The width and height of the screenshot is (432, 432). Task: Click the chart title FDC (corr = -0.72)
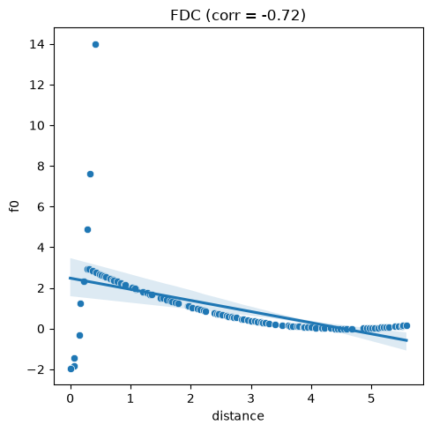click(238, 15)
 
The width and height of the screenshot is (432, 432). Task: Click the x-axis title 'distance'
click(238, 416)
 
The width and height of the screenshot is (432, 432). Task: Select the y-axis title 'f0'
click(14, 206)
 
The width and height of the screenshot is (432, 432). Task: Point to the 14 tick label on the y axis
click(37, 44)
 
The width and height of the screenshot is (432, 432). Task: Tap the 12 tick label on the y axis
click(37, 85)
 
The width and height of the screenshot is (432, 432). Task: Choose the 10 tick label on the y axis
click(37, 125)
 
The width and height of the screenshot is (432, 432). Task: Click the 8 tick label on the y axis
click(41, 167)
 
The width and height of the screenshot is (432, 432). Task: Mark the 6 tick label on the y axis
click(41, 207)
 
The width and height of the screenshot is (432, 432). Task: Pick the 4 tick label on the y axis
click(41, 248)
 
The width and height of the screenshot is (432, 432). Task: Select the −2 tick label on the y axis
click(36, 369)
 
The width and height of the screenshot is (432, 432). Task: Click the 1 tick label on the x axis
click(130, 398)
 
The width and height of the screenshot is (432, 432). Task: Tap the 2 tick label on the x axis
click(190, 398)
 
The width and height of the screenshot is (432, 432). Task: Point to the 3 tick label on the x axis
click(251, 398)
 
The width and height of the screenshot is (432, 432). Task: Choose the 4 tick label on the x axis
click(311, 398)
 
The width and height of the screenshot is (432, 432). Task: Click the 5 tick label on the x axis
click(371, 398)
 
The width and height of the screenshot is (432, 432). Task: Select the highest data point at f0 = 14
click(95, 45)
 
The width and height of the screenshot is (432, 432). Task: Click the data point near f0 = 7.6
click(90, 175)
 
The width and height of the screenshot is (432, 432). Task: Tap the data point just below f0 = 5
click(87, 229)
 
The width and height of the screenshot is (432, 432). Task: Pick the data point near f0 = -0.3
click(79, 335)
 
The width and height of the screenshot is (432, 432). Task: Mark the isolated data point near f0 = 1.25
click(80, 303)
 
